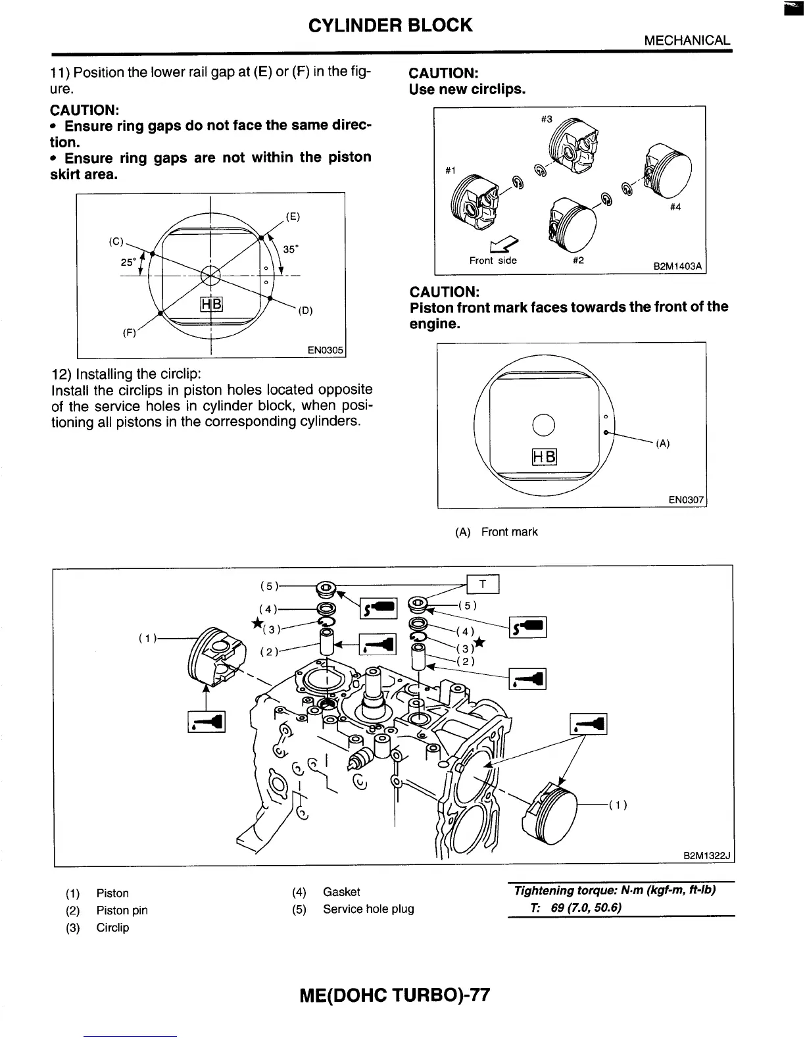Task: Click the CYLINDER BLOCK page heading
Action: click(x=390, y=25)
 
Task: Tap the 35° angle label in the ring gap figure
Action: click(x=290, y=249)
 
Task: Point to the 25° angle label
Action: click(x=128, y=262)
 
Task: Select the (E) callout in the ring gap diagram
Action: click(x=293, y=216)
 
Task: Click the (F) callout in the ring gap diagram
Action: click(x=130, y=333)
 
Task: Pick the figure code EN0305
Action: click(x=326, y=351)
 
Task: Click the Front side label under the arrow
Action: click(x=493, y=260)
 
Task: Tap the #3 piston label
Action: click(x=547, y=119)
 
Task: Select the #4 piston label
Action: click(x=675, y=207)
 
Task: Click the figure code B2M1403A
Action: click(x=677, y=266)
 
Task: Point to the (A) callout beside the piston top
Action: click(x=663, y=443)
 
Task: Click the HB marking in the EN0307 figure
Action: click(x=543, y=457)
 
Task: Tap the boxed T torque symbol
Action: click(x=483, y=584)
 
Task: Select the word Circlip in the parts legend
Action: click(x=112, y=928)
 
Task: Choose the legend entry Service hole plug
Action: click(x=368, y=909)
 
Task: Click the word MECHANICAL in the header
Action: click(x=687, y=40)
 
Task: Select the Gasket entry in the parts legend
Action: click(x=341, y=892)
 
